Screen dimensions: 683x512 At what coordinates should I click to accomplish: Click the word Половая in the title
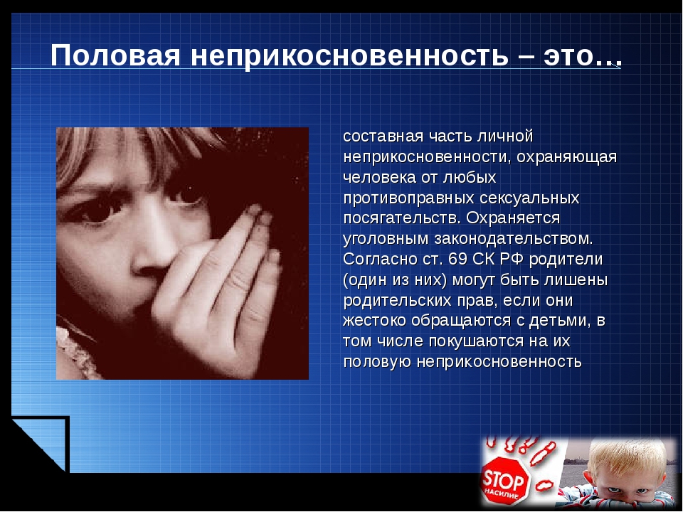(115, 56)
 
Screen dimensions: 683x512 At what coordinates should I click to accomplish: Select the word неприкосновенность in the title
(349, 56)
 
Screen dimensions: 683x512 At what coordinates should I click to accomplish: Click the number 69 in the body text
(457, 259)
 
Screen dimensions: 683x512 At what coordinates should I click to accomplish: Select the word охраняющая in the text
(567, 157)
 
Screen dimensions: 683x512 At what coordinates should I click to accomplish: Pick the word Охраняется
(513, 218)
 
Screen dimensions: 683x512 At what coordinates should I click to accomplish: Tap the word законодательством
(514, 239)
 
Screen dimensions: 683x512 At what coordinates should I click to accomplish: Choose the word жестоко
(375, 321)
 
